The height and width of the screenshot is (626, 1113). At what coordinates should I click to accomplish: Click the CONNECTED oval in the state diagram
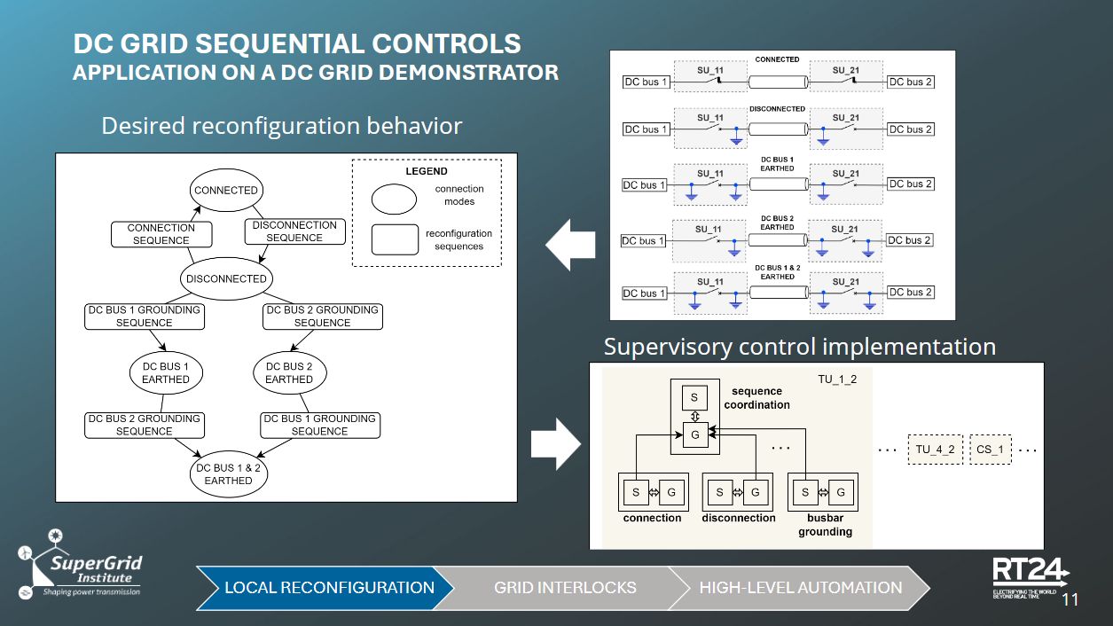[x=226, y=191]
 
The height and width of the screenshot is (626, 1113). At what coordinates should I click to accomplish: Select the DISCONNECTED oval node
[x=226, y=278]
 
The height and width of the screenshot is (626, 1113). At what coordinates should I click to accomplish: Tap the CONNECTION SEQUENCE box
[x=161, y=234]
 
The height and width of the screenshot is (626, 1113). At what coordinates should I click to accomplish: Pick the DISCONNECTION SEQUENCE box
[x=294, y=231]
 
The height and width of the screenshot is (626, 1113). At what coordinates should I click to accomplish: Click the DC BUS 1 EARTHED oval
[x=166, y=372]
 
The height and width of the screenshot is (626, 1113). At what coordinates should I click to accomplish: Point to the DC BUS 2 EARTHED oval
[x=289, y=372]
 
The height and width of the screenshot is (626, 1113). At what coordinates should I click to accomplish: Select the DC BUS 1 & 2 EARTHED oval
[x=229, y=474]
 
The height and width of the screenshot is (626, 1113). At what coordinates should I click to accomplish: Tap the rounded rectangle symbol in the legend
[x=395, y=239]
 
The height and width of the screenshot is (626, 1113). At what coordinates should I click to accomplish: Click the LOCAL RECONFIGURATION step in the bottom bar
[x=328, y=587]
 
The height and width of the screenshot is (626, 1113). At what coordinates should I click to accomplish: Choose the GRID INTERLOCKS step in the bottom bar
[x=565, y=587]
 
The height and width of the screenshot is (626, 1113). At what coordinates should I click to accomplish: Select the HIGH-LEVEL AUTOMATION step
[x=800, y=587]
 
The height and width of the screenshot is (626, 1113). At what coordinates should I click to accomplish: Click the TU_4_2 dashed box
[x=935, y=450]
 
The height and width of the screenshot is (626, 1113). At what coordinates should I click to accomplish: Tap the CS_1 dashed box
[x=990, y=450]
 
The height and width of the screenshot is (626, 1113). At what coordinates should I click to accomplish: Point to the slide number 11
[x=1070, y=599]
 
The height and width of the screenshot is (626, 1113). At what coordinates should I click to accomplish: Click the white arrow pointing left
[x=569, y=246]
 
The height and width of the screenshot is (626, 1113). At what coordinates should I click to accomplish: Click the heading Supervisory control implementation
[x=799, y=347]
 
